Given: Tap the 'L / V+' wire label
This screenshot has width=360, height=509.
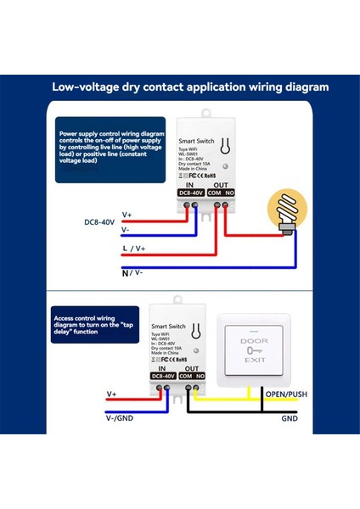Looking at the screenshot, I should coord(134,248).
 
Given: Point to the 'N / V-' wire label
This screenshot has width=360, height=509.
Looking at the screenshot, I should coord(132,272).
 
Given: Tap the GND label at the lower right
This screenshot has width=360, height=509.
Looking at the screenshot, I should coord(290,418).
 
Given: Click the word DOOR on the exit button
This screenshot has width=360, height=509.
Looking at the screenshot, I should coord(254,340).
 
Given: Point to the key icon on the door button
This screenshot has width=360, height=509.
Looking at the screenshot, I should coord(254,350).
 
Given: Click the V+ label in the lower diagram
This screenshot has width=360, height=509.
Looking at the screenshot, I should coord(112,394).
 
